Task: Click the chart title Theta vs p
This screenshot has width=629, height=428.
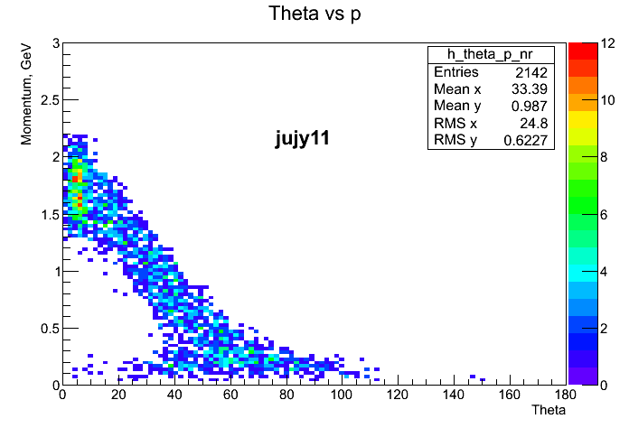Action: pos(314,14)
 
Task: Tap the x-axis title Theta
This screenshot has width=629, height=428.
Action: pos(549,411)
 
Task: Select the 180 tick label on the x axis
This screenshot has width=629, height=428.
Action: pos(567,395)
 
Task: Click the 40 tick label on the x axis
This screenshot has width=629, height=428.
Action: pos(174,395)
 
